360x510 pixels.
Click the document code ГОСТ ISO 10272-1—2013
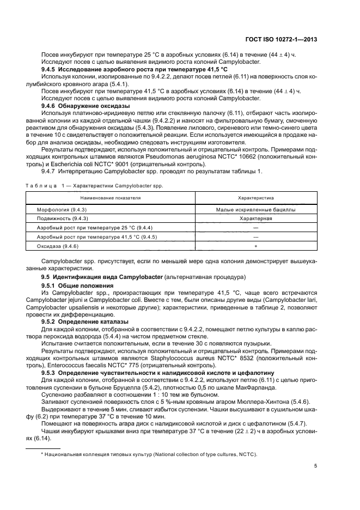(x=283, y=39)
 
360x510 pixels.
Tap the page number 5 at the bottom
(x=316, y=465)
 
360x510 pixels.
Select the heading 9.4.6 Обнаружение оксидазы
(x=86, y=106)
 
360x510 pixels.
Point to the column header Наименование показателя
(x=111, y=198)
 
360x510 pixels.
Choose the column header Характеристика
(x=256, y=198)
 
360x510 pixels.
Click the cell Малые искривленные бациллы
(x=256, y=209)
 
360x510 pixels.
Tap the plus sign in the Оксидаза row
(x=256, y=247)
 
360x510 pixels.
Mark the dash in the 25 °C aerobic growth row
(x=256, y=228)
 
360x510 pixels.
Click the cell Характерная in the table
(x=256, y=218)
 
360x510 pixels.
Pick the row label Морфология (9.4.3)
(x=58, y=209)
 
